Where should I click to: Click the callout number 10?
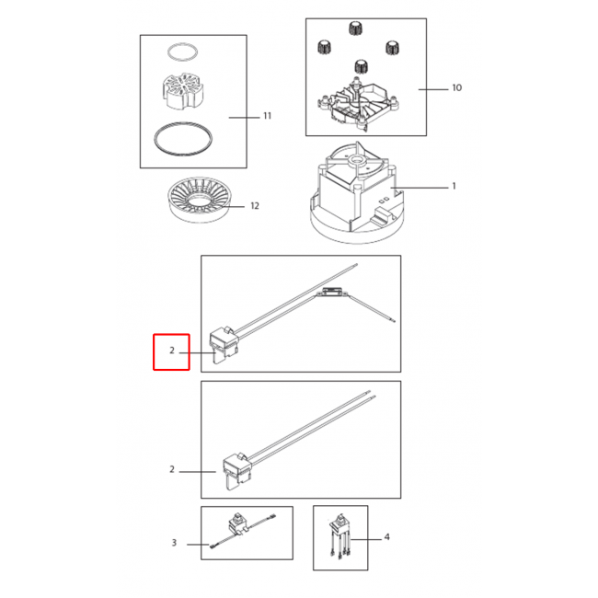pos(456,88)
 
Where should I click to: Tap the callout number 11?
pos(268,116)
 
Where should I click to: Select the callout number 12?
pos(255,206)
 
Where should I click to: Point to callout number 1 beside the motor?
pos(454,186)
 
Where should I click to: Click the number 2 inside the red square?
pos(172,351)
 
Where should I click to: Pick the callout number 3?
pos(174,543)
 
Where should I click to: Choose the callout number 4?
pos(386,537)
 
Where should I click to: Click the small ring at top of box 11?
pos(183,52)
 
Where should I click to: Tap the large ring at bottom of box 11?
pos(183,139)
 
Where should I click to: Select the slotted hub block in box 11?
pos(183,91)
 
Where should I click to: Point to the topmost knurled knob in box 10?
pos(355,29)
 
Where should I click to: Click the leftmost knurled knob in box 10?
pos(325,47)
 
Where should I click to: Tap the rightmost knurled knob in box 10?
pos(393,48)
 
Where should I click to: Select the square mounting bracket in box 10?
pos(358,104)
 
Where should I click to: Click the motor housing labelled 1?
pos(357,193)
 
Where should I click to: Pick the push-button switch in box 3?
pos(236,522)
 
